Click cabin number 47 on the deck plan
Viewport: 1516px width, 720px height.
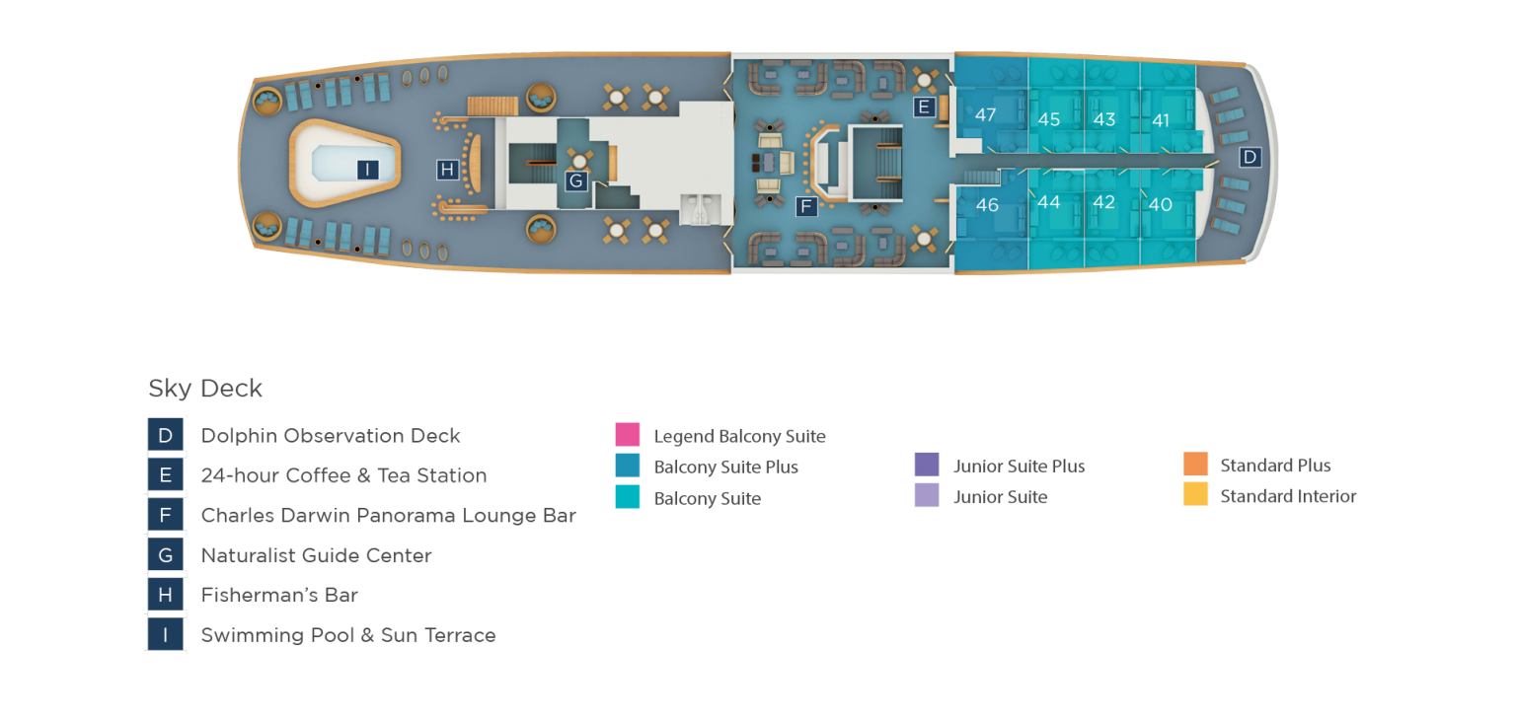(985, 114)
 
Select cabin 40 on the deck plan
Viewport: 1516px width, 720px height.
(1160, 204)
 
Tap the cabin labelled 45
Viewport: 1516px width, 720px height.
(1048, 119)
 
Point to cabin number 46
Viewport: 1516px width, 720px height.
(987, 204)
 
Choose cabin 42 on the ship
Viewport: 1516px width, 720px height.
(1103, 202)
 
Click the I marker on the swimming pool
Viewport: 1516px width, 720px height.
(367, 169)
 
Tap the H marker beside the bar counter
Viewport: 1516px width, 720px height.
(447, 169)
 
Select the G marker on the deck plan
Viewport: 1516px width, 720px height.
(576, 180)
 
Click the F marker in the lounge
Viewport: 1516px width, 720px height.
(806, 206)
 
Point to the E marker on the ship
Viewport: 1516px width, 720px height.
(924, 107)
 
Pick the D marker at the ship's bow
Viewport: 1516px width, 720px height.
(1251, 158)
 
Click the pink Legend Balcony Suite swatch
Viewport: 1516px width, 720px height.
(628, 434)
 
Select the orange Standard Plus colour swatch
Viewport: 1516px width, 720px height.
(1195, 464)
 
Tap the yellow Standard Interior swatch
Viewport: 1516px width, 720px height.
(1195, 494)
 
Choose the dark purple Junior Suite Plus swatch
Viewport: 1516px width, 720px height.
(927, 465)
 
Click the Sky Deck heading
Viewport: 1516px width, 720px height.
(205, 388)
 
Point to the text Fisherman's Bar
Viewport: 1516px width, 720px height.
(279, 595)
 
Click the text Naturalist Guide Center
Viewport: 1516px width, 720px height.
(316, 555)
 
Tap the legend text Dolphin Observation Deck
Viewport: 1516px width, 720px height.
(331, 435)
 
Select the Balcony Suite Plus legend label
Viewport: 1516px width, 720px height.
(725, 468)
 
